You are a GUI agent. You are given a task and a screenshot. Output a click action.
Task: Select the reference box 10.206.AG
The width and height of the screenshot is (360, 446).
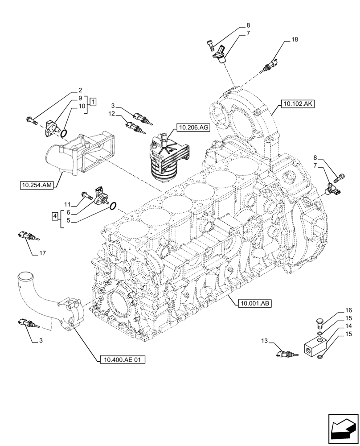(193, 128)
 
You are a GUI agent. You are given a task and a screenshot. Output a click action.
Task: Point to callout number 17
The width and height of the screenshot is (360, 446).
(43, 254)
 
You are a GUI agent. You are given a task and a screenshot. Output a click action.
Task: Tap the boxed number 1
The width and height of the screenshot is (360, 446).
(93, 102)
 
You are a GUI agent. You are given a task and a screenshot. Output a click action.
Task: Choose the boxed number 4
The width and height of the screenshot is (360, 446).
(54, 216)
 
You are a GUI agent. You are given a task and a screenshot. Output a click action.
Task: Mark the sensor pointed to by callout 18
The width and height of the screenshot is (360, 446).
(271, 66)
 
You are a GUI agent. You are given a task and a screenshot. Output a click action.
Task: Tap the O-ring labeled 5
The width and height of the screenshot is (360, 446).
(113, 205)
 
